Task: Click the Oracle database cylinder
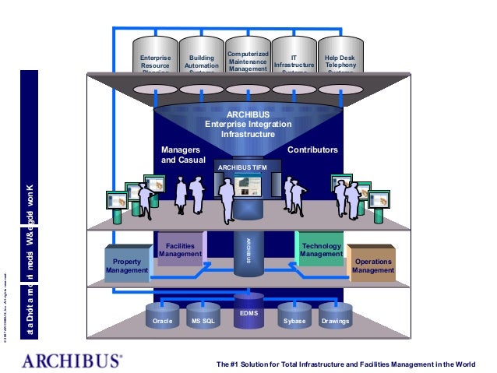162,317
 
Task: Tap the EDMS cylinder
248,309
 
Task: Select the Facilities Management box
180,248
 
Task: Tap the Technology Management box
321,248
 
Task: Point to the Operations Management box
372,265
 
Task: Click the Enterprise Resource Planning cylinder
155,58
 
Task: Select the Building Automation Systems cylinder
202,58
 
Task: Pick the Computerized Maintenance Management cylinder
248,58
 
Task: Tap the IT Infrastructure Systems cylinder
294,58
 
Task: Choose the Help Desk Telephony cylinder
340,58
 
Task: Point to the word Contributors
312,149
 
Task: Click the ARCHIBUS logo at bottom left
71,360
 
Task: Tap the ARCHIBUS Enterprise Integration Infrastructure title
248,124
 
